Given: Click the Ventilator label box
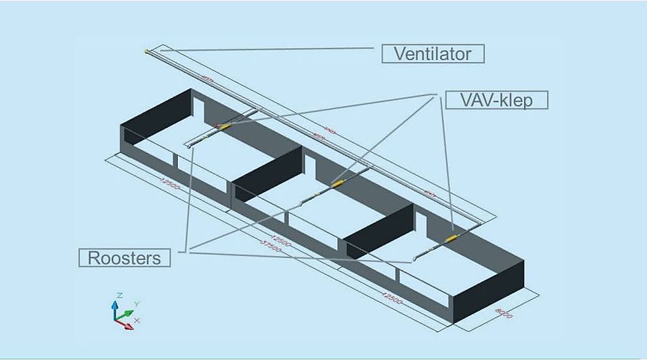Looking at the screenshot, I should point(433,54).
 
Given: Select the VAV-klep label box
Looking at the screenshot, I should point(496,100).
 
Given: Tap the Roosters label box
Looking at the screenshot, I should point(124,257).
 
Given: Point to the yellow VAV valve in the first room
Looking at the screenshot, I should point(225,126).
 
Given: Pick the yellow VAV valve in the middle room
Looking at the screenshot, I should point(339,184).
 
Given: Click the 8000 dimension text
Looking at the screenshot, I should point(504,312).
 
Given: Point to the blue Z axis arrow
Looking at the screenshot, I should point(114,306).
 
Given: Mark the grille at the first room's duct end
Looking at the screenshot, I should point(189,148).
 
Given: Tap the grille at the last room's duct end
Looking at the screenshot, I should point(414,260).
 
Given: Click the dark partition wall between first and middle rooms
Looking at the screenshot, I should point(268,171).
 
